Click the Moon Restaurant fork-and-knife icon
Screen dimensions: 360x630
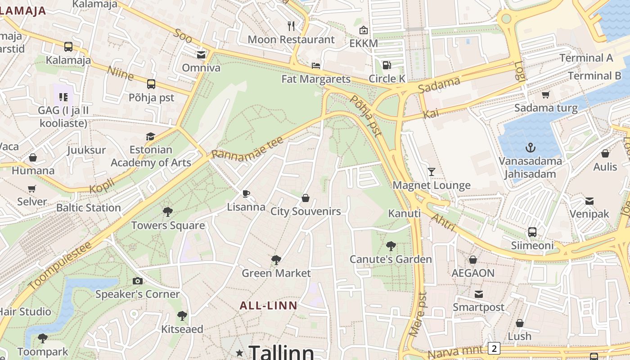pos(291,26)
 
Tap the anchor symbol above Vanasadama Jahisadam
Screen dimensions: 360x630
pos(531,147)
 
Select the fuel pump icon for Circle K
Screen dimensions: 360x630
pos(387,65)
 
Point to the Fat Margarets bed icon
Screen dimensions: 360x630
pos(316,66)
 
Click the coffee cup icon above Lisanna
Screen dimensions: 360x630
pos(246,193)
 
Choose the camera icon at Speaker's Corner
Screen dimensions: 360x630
pos(138,281)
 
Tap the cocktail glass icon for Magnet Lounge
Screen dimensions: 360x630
pos(432,171)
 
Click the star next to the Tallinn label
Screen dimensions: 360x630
pos(239,353)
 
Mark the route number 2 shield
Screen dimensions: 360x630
pos(494,348)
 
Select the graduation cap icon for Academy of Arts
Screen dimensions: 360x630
pos(150,136)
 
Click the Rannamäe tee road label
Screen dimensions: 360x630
pos(247,147)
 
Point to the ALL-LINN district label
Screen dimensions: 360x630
pos(268,306)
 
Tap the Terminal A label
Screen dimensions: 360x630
pos(586,58)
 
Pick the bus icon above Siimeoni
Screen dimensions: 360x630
pos(532,232)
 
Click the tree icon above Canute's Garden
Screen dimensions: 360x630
pos(391,246)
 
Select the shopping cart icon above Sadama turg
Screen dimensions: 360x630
pos(546,94)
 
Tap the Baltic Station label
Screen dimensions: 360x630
pos(88,208)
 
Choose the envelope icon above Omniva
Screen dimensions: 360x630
pos(201,55)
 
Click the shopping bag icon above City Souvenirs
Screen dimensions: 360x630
pos(306,198)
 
